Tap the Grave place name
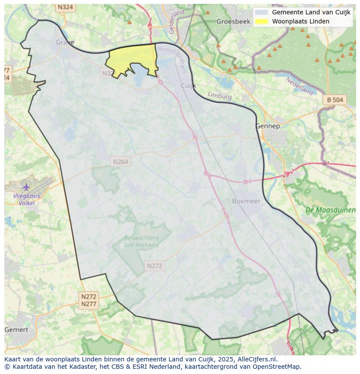pos(65,42)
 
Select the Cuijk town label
pos(188,86)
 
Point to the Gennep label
pos(267,126)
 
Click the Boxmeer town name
pos(246,201)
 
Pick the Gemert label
pos(16,330)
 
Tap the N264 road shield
pos(120,162)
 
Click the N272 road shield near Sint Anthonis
pos(154,266)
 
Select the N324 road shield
pos(65,7)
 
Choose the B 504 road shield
pos(335,100)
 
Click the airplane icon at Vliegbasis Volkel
pos(27,187)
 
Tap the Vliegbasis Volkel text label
pos(27,199)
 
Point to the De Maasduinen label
pos(330,210)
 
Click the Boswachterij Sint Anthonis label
pos(141,241)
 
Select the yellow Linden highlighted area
pos(133,59)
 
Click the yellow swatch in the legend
pos(261,21)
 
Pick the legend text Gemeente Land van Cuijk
pos(311,13)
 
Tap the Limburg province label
pos(220,96)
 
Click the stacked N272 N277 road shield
pos(89,300)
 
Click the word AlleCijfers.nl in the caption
pos(257,359)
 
